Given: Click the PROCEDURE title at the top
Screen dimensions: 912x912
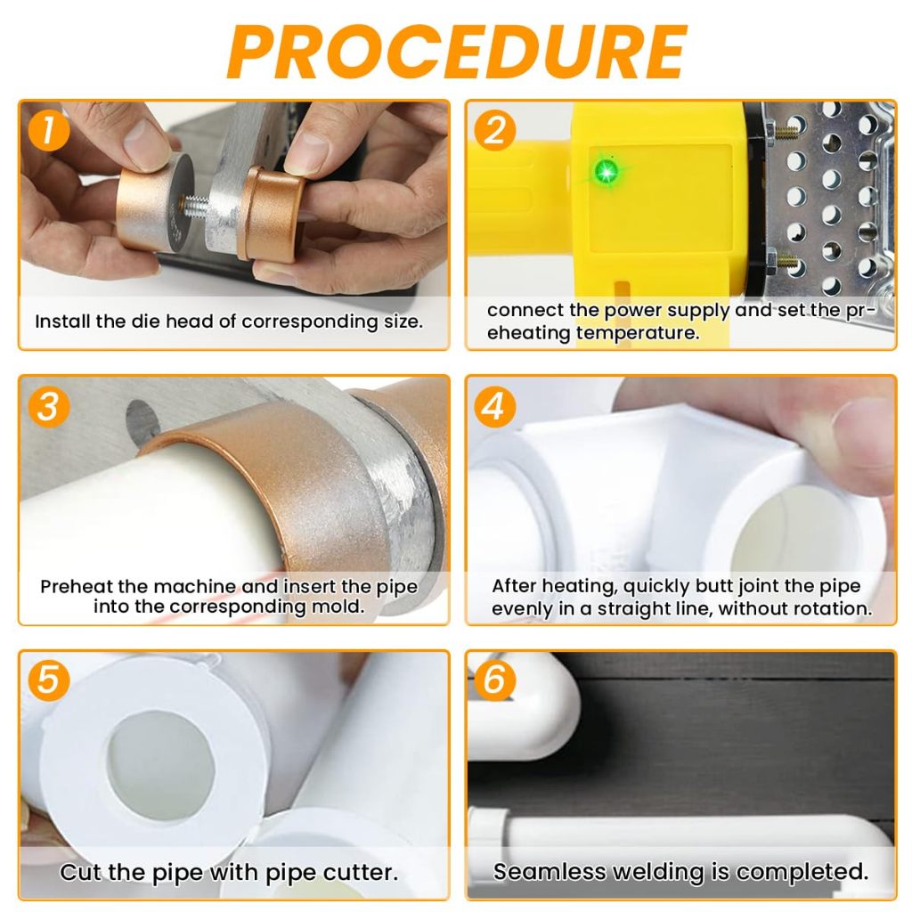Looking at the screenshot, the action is [x=457, y=52].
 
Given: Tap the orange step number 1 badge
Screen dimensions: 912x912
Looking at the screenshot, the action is [x=49, y=130].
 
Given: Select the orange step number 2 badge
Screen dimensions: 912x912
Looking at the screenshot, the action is [x=495, y=130].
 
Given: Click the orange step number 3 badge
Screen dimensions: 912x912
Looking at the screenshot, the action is [x=49, y=406].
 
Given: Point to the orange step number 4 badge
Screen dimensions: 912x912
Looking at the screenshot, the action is [x=495, y=406].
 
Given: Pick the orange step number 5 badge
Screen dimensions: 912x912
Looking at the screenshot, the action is [x=49, y=680].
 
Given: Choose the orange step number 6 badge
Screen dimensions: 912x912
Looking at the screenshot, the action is [x=495, y=680].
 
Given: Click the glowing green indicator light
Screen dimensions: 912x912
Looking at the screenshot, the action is [x=607, y=172].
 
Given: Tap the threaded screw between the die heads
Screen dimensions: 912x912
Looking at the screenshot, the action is [x=197, y=206].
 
